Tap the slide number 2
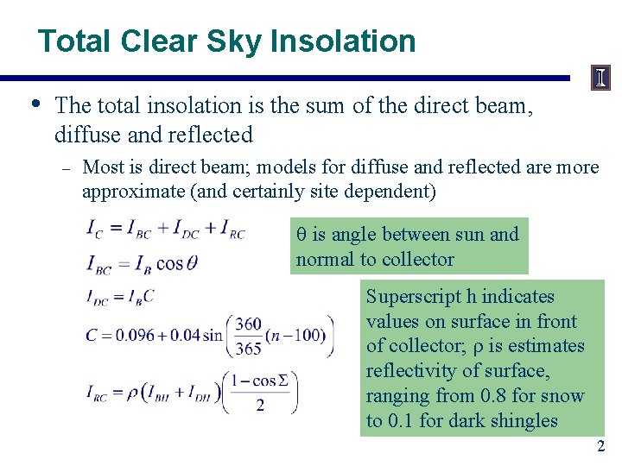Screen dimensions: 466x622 pos(601,446)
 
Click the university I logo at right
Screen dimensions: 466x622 pos(600,79)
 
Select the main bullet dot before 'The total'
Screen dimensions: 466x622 pos(34,104)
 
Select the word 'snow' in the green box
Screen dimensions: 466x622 pos(563,396)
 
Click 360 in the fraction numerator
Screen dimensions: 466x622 pos(247,324)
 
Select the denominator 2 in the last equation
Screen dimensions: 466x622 pos(260,405)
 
